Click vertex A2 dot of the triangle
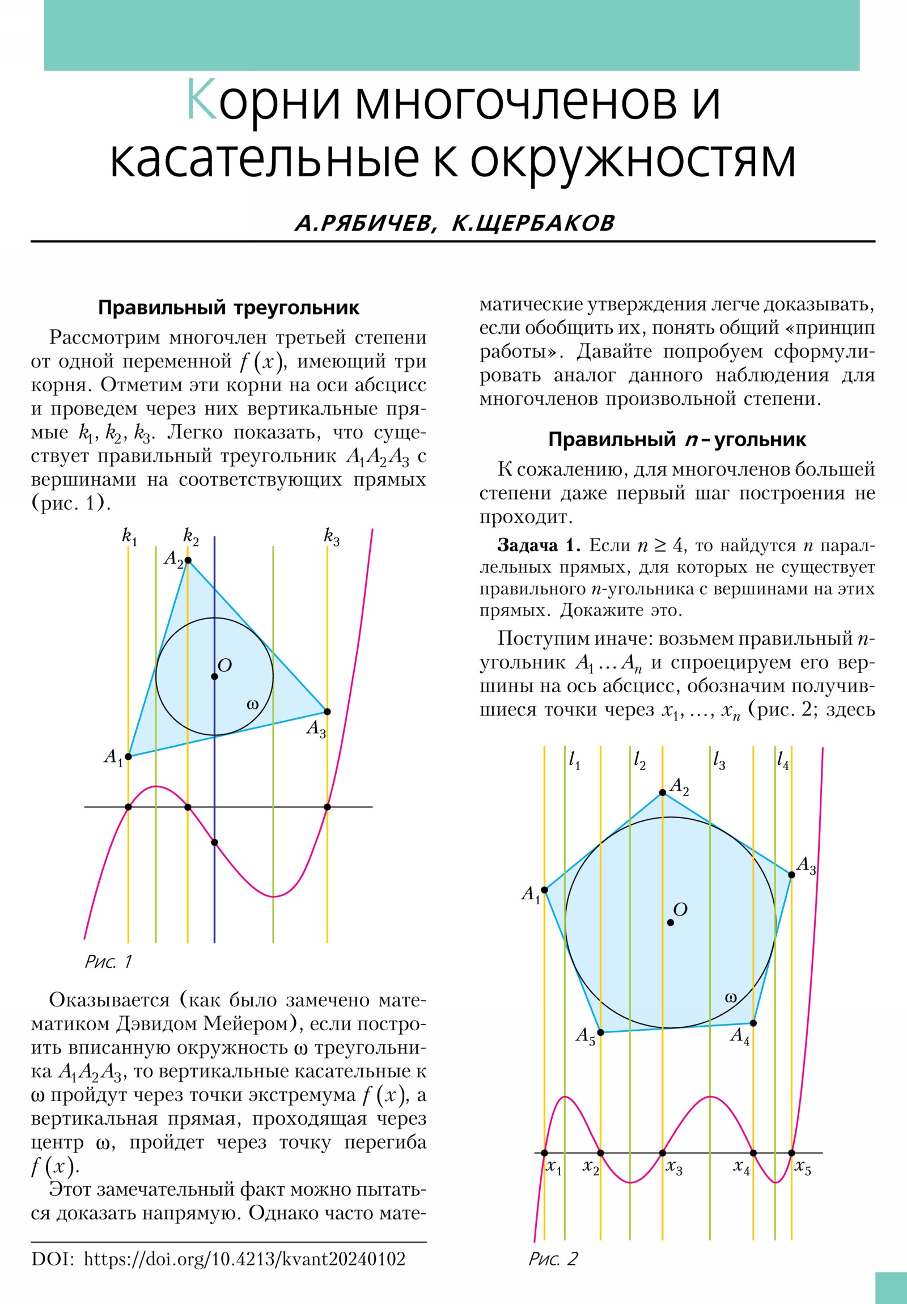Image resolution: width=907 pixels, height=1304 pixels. tap(188, 561)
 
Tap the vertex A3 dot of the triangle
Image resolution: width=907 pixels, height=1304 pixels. tap(327, 712)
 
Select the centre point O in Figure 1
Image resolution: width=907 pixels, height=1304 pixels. tap(214, 676)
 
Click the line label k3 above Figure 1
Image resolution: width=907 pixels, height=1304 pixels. tap(332, 537)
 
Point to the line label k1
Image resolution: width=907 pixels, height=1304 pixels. tap(129, 537)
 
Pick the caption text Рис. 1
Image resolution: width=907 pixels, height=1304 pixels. tap(108, 962)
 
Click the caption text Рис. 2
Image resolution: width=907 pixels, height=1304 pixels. tap(553, 1259)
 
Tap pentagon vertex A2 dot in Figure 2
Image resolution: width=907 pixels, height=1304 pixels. tap(662, 792)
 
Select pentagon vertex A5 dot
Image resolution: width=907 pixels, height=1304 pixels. tap(601, 1032)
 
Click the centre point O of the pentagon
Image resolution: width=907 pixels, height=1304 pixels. tap(670, 923)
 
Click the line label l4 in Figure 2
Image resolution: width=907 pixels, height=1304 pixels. tap(783, 760)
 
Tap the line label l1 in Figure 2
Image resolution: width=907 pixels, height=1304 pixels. tap(574, 760)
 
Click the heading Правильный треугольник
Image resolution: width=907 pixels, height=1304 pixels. tap(228, 308)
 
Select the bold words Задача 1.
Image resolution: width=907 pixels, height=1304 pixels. tap(539, 546)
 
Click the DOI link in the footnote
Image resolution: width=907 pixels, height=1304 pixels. tap(244, 1259)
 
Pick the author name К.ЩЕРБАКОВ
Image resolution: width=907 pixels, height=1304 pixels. tap(533, 223)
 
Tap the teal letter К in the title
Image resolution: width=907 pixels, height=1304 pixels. tap(202, 101)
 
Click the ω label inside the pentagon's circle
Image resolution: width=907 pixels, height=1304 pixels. tap(731, 997)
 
